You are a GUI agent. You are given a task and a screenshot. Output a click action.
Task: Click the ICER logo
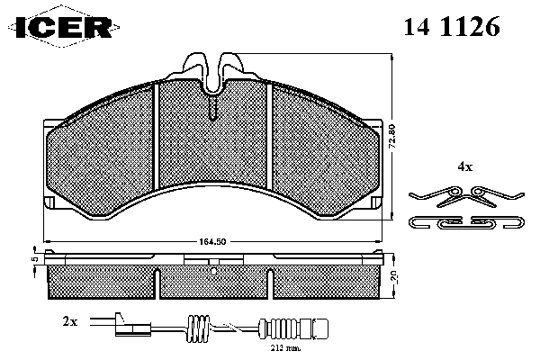65,26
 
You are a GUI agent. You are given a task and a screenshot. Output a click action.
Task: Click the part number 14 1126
452,26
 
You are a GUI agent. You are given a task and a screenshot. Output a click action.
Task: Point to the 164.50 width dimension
212,241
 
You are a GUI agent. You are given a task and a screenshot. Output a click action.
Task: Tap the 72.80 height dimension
392,137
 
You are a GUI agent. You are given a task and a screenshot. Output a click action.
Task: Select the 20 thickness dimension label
394,277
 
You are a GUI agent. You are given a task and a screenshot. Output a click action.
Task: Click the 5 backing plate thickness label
34,259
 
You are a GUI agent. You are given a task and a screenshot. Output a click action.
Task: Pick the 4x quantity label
464,167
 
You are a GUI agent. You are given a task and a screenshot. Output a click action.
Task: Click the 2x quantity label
70,321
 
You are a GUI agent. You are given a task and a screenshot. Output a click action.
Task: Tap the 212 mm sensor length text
285,348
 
